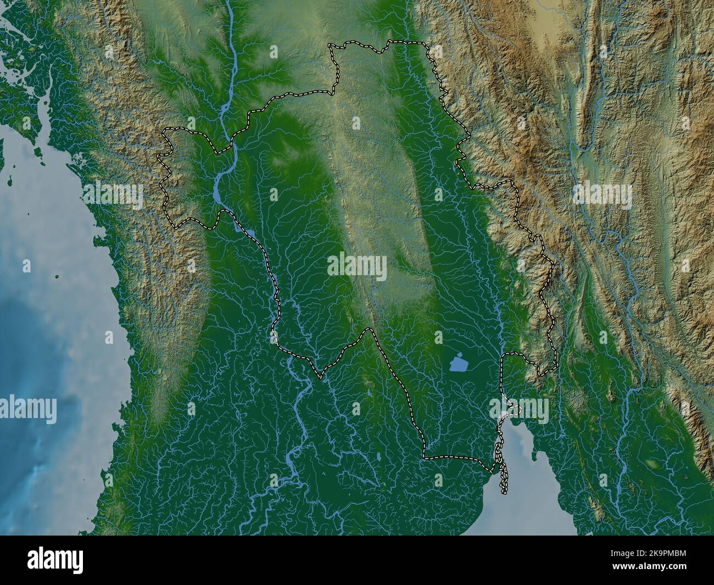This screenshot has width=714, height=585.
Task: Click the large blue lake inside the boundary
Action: pos(458,364)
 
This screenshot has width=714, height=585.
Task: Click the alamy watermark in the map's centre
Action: pos(357,268)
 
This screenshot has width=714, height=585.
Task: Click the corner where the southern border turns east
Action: pos(424,456)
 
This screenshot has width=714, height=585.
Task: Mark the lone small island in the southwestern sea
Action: pos(57,277)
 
